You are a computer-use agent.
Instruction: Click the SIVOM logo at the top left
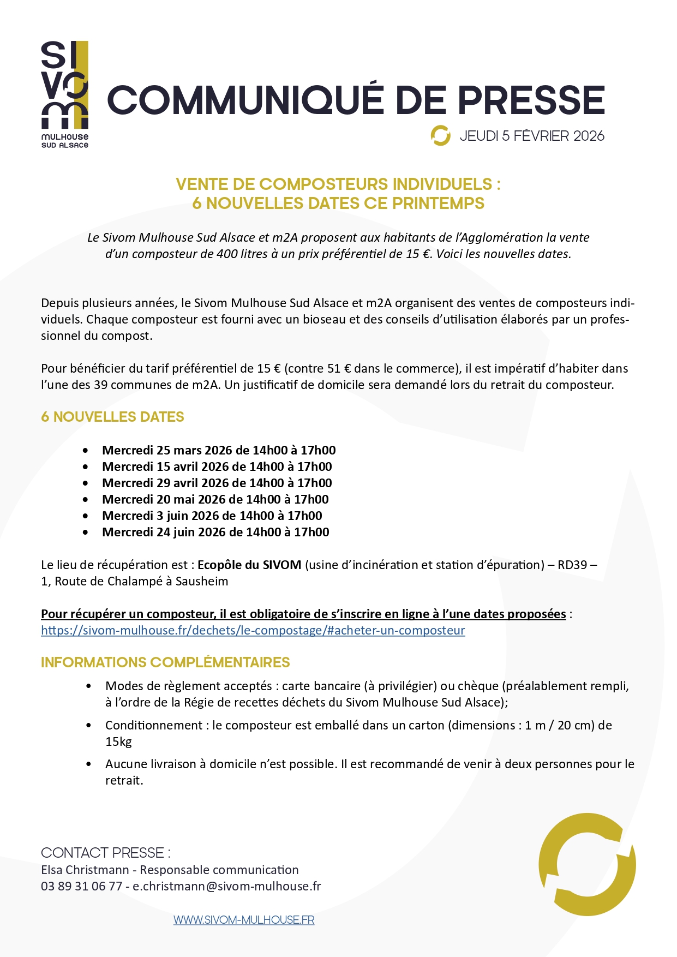[65, 93]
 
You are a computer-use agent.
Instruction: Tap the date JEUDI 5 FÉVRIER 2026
[532, 136]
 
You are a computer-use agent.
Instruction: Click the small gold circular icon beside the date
[440, 136]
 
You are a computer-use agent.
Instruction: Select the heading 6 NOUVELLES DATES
[112, 417]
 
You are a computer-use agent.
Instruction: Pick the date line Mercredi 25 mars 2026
[218, 450]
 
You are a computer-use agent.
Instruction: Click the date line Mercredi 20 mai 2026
[215, 499]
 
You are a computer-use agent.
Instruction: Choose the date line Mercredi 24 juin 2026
[215, 532]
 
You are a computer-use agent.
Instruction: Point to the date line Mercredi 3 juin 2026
[212, 516]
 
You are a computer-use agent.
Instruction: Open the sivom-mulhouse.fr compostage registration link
[253, 630]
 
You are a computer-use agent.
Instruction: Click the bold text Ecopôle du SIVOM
[249, 565]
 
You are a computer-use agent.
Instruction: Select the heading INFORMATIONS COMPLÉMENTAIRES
[165, 662]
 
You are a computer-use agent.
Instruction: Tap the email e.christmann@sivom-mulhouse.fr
[226, 886]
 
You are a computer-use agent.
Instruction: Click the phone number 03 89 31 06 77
[81, 886]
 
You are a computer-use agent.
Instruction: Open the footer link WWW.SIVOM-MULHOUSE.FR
[244, 920]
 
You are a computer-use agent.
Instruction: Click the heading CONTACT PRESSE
[105, 853]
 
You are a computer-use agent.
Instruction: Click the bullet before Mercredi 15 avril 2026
[86, 467]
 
